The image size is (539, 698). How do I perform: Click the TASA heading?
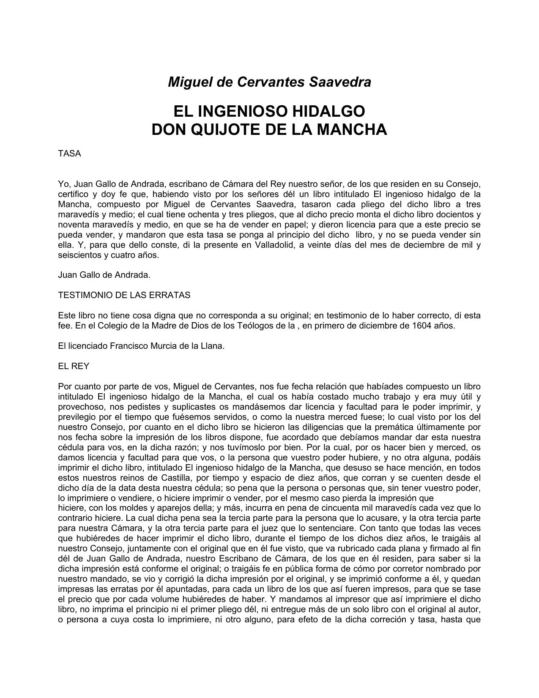(69, 153)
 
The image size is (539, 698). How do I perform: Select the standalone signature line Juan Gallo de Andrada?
(104, 275)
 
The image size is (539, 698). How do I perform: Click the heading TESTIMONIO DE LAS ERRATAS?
(124, 295)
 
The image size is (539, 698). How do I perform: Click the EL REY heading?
(74, 366)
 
